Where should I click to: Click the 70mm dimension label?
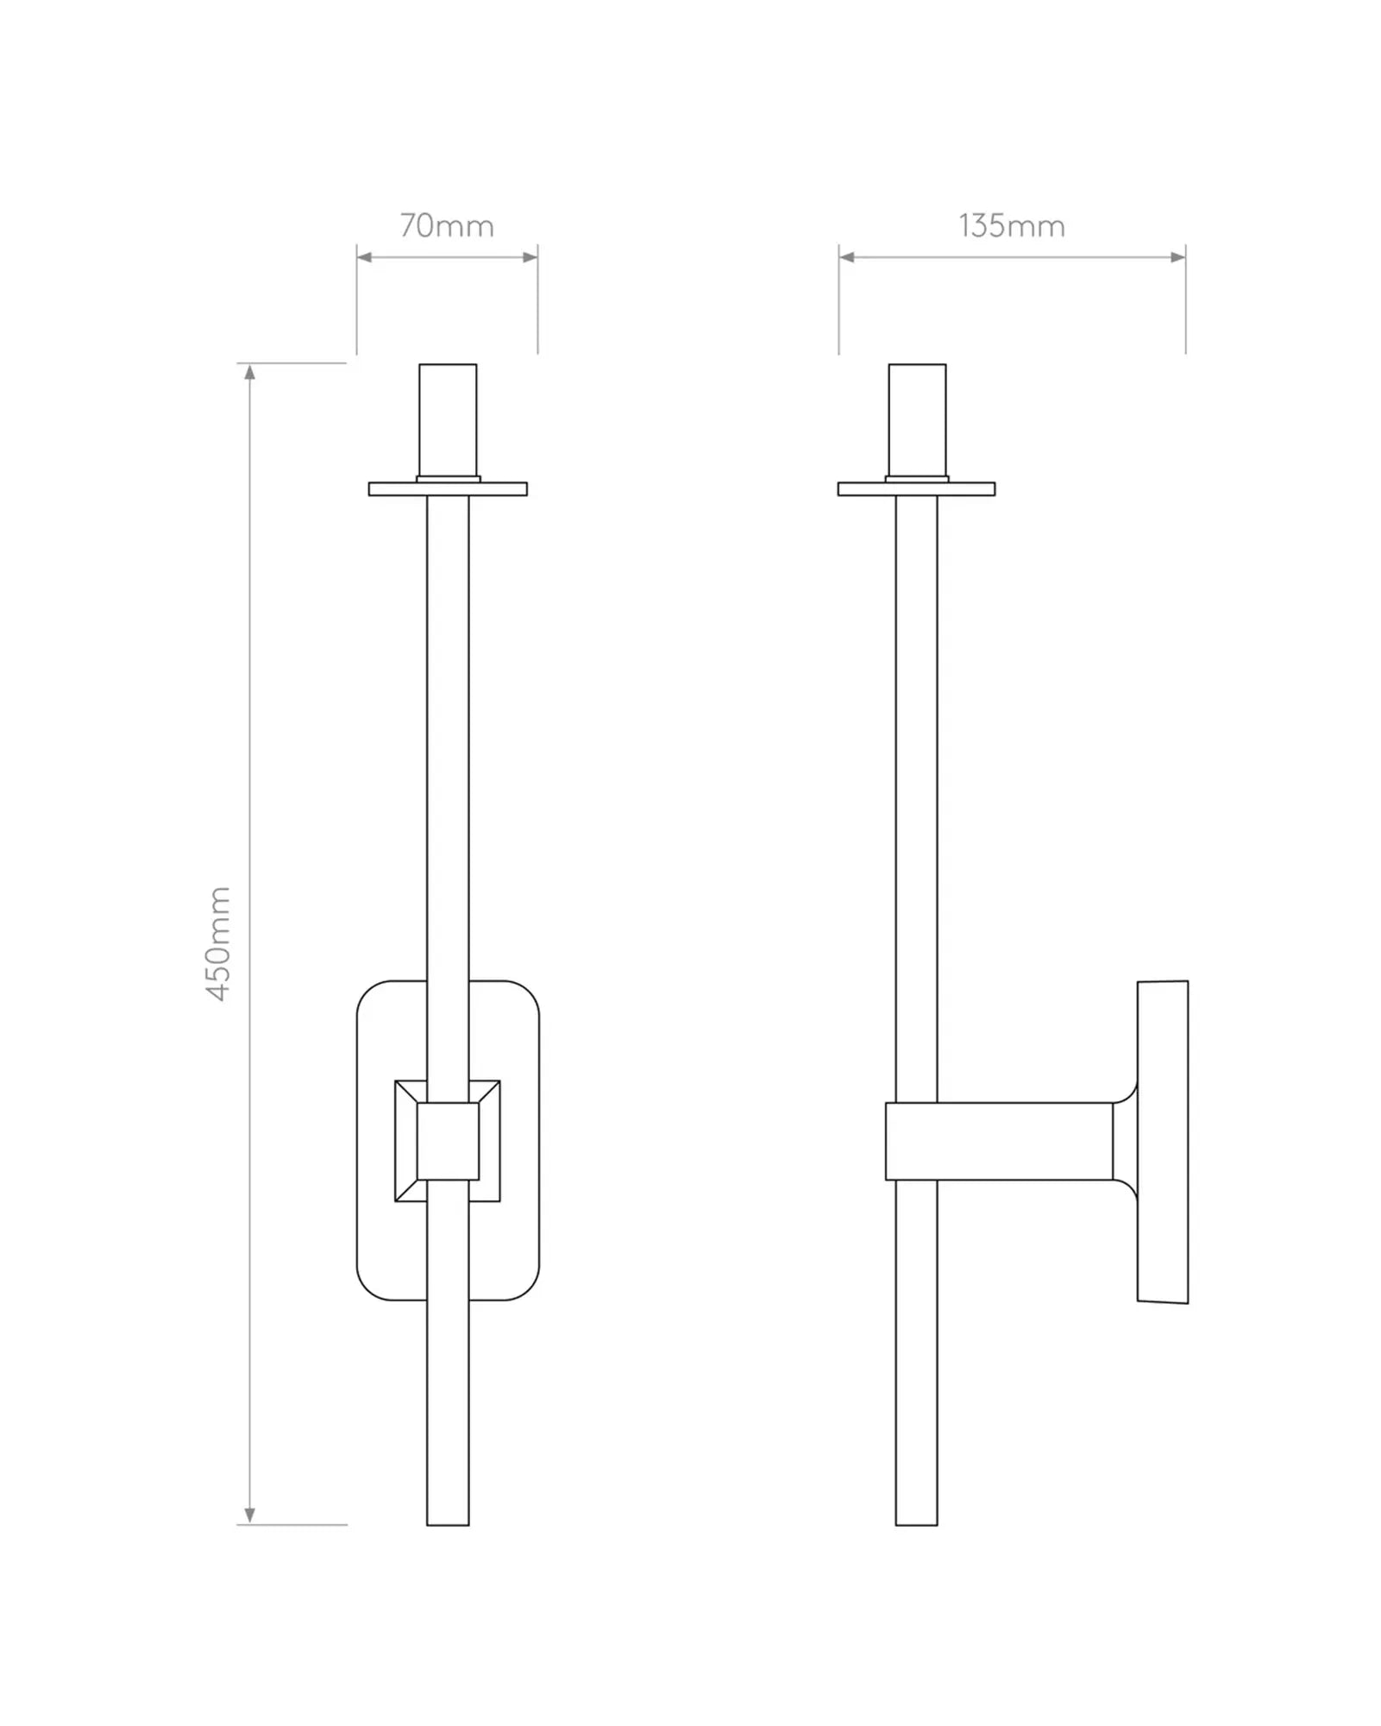[447, 226]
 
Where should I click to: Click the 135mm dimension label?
[1012, 226]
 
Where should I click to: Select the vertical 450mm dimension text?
[219, 943]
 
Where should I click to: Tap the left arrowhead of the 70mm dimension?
[364, 257]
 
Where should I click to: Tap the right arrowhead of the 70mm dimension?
[530, 257]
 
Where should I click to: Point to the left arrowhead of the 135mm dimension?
[846, 257]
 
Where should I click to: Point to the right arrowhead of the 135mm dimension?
[1177, 257]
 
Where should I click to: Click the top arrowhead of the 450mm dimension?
[250, 373]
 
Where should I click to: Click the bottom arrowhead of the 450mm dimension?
[250, 1515]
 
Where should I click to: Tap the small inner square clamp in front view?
[448, 1141]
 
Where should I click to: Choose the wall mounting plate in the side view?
[1163, 1142]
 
